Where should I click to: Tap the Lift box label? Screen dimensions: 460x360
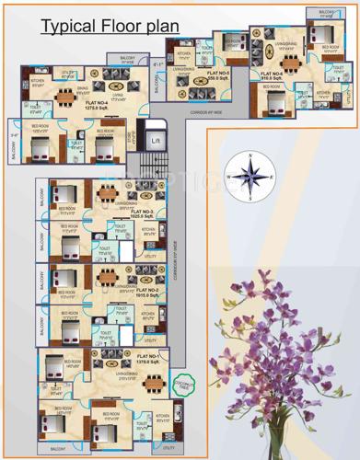pos(157,141)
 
